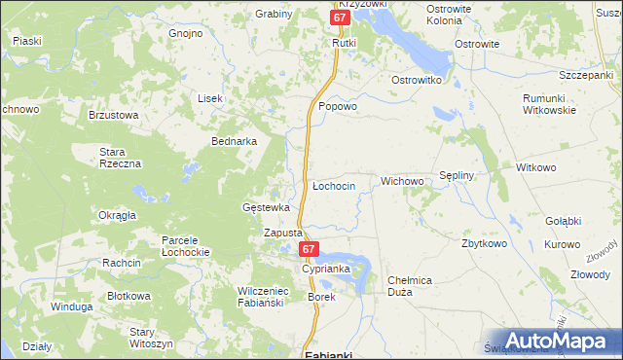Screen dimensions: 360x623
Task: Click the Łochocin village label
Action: (333, 185)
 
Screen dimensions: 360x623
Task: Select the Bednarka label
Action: (234, 141)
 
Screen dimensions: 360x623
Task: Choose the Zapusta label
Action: (284, 234)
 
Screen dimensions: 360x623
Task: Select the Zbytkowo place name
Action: (485, 243)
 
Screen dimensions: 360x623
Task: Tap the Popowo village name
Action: (338, 107)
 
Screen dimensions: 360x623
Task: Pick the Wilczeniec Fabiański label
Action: (260, 297)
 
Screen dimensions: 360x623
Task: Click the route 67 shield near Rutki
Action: (338, 18)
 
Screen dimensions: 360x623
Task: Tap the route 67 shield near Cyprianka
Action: (308, 250)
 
